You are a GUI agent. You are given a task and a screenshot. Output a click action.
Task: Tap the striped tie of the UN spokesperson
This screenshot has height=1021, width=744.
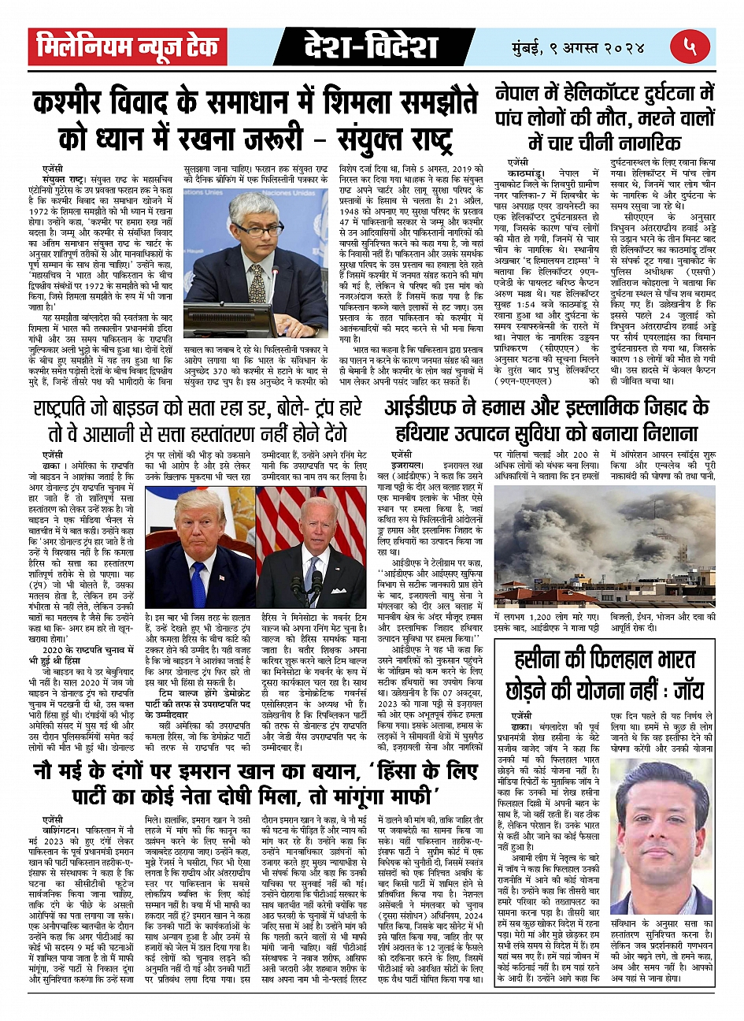257,281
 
